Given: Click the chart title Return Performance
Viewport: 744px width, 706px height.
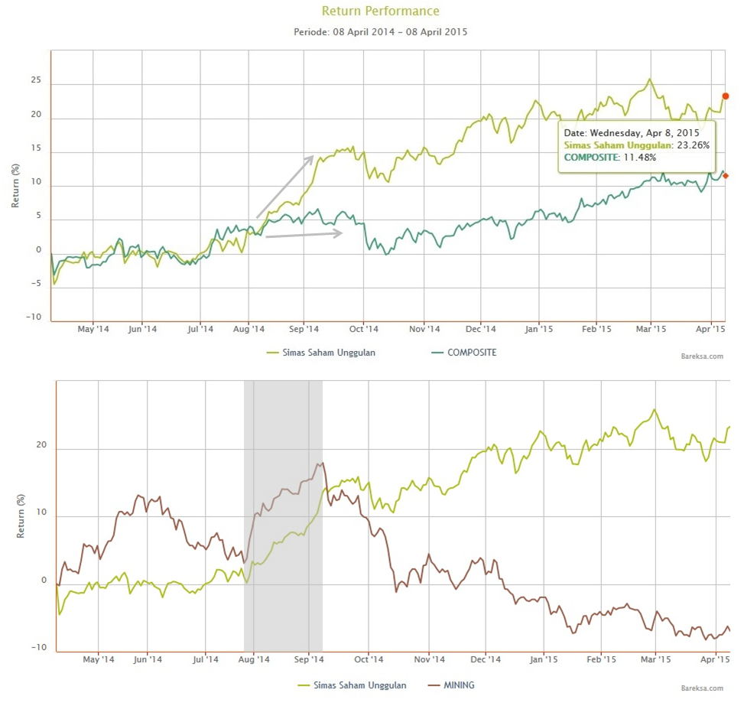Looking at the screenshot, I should (x=380, y=11).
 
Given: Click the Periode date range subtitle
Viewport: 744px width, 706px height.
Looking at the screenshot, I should (x=380, y=32).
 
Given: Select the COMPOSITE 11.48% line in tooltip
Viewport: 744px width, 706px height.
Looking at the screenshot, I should (x=609, y=157).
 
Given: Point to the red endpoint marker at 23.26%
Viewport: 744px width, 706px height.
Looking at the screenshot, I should (x=726, y=96).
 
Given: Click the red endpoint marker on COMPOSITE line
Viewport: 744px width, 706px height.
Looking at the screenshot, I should (x=726, y=176).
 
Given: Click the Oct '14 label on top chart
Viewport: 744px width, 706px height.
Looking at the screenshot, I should (x=364, y=330).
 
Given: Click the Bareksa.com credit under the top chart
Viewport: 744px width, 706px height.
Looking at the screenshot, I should (x=702, y=356).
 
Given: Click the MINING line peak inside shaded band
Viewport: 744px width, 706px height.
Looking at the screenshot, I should (x=322, y=463).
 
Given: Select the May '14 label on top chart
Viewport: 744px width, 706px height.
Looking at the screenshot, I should (x=94, y=330).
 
